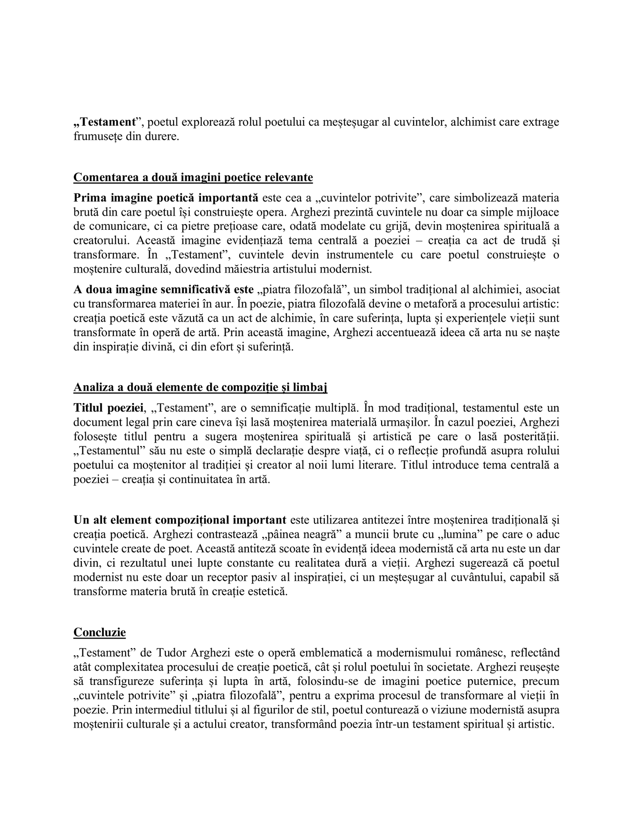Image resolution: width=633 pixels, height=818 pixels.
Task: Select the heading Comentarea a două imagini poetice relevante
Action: pyautogui.click(x=193, y=177)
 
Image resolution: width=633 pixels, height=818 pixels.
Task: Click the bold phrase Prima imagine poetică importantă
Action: pyautogui.click(x=166, y=198)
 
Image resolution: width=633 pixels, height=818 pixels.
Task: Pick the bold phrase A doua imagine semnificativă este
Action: pyautogui.click(x=163, y=290)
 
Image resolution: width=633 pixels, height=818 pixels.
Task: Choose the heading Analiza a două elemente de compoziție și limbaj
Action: pyautogui.click(x=200, y=387)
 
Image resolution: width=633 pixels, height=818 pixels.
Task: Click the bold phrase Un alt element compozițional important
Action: pyautogui.click(x=180, y=520)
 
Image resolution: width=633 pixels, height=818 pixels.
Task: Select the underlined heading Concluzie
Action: pyautogui.click(x=99, y=632)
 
